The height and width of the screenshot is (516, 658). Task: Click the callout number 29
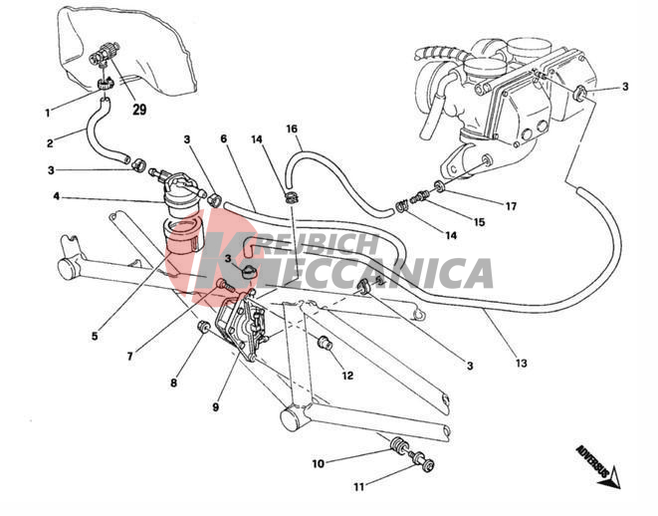pyautogui.click(x=139, y=110)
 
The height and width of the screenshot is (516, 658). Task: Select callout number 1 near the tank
pyautogui.click(x=48, y=113)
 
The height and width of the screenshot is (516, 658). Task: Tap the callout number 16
pyautogui.click(x=292, y=129)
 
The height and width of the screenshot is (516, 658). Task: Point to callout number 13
pyautogui.click(x=521, y=363)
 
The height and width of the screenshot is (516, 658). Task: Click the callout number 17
pyautogui.click(x=511, y=206)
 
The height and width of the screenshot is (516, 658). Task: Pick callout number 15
pyautogui.click(x=479, y=222)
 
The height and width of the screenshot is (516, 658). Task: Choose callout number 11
pyautogui.click(x=358, y=487)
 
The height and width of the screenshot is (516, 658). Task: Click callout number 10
pyautogui.click(x=319, y=463)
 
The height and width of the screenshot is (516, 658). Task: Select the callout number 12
pyautogui.click(x=347, y=376)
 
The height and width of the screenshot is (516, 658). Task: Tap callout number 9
pyautogui.click(x=216, y=406)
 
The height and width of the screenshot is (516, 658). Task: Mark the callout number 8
pyautogui.click(x=174, y=383)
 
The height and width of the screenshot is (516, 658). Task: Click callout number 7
pyautogui.click(x=130, y=357)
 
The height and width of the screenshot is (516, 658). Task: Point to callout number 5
pyautogui.click(x=95, y=336)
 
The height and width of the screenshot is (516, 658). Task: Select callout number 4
pyautogui.click(x=56, y=196)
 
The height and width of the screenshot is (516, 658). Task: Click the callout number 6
pyautogui.click(x=224, y=138)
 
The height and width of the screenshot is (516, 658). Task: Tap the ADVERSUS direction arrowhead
pyautogui.click(x=614, y=477)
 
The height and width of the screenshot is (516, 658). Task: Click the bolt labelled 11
pyautogui.click(x=423, y=461)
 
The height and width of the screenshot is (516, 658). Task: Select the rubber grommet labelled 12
pyautogui.click(x=325, y=343)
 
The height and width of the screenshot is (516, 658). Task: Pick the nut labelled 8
pyautogui.click(x=203, y=326)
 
